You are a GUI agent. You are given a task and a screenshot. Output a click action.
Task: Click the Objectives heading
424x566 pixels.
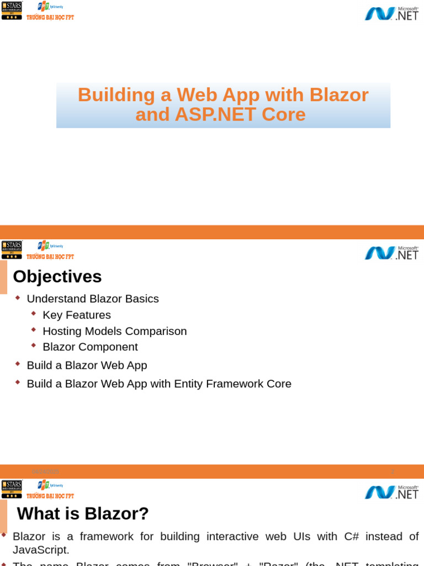point(57,276)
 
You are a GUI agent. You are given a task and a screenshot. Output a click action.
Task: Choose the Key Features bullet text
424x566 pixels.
point(77,315)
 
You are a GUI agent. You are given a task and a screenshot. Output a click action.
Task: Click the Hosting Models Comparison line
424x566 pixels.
point(115,331)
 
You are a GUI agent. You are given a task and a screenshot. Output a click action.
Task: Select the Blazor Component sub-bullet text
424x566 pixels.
point(90,347)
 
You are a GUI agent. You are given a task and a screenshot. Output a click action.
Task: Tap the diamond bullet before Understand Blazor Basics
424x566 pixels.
point(18,297)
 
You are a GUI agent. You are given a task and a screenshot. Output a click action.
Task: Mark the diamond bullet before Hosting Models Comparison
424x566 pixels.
point(34,329)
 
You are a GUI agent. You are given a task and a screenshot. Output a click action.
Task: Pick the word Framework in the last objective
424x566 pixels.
point(232,384)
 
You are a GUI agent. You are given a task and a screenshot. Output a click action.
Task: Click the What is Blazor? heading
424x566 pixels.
point(83,513)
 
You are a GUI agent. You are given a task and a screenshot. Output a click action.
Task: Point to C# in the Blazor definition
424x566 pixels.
point(352,537)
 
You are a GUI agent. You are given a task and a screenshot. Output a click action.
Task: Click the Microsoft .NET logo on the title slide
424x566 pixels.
point(391,13)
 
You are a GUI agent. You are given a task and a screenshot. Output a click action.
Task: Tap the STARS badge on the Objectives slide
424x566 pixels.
point(12,249)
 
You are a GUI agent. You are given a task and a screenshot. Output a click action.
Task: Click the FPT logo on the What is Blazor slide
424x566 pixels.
point(44,485)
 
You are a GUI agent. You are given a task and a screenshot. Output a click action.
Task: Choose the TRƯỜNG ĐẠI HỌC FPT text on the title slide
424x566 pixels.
point(50,18)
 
